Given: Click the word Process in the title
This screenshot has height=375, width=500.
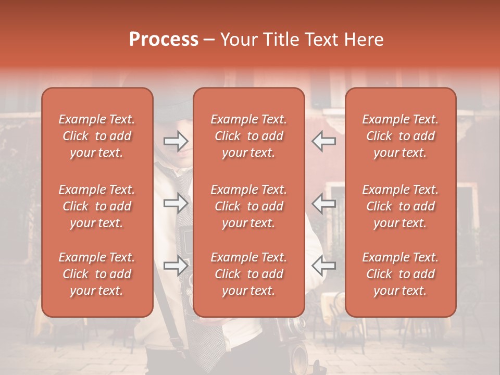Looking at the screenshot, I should coord(164,40).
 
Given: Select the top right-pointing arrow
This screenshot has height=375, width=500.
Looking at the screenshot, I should coord(176,141).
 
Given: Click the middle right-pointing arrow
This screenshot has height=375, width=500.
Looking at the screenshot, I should coord(176,203).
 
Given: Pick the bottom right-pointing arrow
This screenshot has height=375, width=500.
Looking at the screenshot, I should coord(176,266).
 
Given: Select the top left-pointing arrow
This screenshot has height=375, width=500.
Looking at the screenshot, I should coord(323,141).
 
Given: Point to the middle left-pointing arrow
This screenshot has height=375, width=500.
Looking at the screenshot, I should coord(323,203).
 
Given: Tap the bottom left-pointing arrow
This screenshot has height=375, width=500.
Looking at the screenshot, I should coord(323,266).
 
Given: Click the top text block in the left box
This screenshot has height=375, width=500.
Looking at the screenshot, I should coord(97,136).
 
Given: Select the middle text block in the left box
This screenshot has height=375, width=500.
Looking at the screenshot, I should coord(97,206).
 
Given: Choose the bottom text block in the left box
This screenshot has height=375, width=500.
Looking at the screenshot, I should coord(97,274).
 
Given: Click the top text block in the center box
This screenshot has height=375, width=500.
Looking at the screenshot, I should coord(248,136).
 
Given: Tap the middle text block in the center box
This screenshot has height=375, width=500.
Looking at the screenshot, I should coord(248,206).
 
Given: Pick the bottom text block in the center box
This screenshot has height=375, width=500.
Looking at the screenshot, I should coord(248,274).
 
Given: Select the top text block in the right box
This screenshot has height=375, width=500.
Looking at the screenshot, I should coord(400,136).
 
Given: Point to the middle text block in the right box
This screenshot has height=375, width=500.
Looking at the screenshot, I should coord(400,206).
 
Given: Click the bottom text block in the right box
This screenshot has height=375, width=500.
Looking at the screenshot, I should coord(400,274).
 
